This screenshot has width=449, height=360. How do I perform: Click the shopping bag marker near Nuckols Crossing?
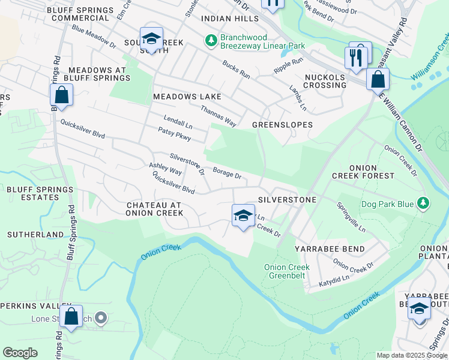[x=378, y=79]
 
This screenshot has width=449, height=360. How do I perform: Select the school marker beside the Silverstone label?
[x=243, y=215]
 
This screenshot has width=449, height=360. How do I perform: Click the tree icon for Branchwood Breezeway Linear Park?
[x=211, y=41]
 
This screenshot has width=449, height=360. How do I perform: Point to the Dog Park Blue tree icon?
[x=424, y=204]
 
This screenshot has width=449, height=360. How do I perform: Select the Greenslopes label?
[x=282, y=125]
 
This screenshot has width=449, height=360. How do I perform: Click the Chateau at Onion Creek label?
[x=155, y=209]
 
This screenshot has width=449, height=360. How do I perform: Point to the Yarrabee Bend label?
[x=321, y=248]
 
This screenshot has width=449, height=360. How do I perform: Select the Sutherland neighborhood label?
[x=35, y=234]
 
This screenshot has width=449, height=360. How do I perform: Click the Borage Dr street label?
[x=226, y=174]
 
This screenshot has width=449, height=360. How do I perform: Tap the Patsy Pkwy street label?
[x=174, y=134]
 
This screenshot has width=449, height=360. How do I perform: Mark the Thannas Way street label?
[x=218, y=116]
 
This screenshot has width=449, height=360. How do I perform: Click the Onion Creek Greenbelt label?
[x=287, y=271]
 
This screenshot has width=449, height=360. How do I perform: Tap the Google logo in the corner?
[x=20, y=353]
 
